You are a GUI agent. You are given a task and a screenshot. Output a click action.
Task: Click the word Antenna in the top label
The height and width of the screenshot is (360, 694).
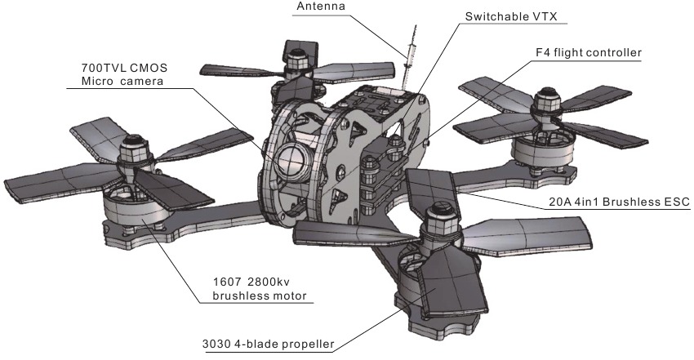[x=321, y=7]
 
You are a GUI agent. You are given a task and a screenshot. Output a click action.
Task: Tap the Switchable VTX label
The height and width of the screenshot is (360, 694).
[x=511, y=17]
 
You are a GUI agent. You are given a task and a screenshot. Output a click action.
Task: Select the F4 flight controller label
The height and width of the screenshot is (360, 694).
[x=588, y=52]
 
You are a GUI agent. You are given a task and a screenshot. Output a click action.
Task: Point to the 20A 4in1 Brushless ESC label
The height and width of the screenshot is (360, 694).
[x=619, y=202]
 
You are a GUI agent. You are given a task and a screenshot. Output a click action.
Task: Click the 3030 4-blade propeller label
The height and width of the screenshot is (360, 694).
[x=269, y=344]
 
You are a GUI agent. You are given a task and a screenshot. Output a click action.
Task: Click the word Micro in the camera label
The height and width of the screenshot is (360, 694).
[x=96, y=82]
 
